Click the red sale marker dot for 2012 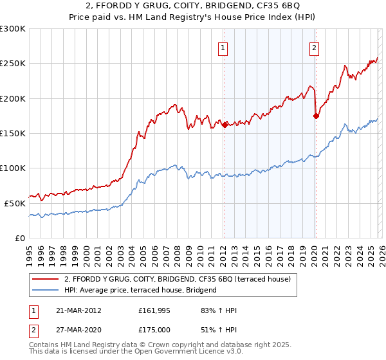point(225,125)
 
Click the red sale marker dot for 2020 point(316,116)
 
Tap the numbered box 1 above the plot point(223,47)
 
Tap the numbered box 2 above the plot point(315,47)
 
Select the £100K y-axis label point(14,168)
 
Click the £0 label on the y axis point(20,238)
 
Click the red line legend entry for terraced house point(178,280)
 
